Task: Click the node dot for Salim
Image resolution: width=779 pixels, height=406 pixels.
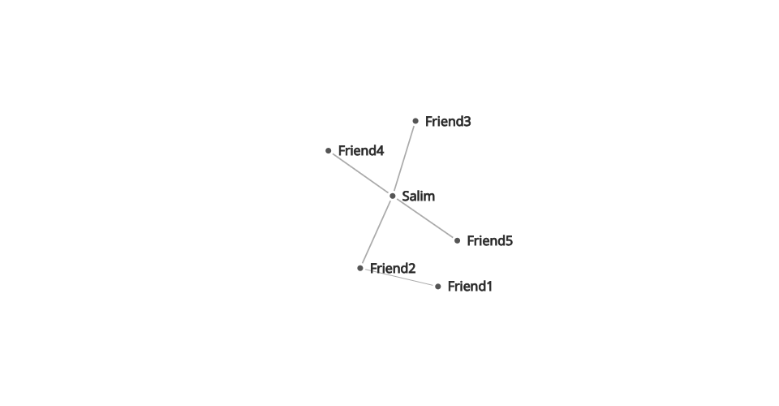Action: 393,196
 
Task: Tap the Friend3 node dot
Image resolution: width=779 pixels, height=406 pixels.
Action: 415,121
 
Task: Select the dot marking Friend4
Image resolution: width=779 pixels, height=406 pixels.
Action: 329,150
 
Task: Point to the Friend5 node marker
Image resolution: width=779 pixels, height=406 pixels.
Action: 458,240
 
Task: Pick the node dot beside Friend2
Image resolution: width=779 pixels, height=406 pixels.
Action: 360,268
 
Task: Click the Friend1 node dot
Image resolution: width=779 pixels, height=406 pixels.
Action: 437,287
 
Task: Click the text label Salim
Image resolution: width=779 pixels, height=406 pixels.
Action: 419,197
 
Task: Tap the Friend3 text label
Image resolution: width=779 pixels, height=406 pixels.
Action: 448,121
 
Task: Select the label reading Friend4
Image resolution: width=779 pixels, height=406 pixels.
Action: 360,150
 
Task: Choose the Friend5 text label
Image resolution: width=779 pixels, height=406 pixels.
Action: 490,241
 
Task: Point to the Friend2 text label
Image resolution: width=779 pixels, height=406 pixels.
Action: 393,268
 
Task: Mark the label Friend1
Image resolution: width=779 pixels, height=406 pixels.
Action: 470,287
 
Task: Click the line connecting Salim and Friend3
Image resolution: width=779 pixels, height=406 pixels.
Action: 404,158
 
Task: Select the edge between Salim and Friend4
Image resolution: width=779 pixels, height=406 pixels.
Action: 360,174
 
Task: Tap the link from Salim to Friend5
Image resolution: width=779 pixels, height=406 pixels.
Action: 424,218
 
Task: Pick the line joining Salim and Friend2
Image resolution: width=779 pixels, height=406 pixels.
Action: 376,232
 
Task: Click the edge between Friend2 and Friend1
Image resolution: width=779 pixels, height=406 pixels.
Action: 399,277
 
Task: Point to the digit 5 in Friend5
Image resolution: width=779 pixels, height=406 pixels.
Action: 510,241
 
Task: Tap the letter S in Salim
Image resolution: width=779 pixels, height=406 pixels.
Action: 406,197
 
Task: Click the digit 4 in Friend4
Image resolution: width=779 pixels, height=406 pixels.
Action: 381,150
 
